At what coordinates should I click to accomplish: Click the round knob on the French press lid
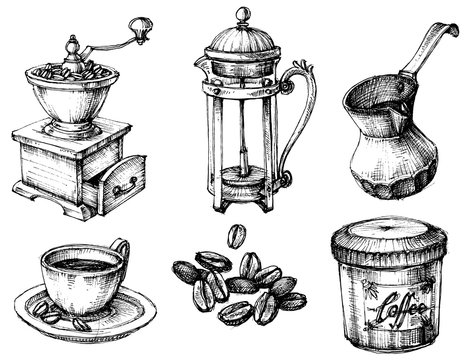(x=242, y=15)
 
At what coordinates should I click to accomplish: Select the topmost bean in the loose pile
(x=236, y=236)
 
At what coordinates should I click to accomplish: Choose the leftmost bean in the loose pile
(x=185, y=270)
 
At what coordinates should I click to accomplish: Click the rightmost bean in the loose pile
(x=291, y=300)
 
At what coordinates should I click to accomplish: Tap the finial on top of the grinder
(x=73, y=45)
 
